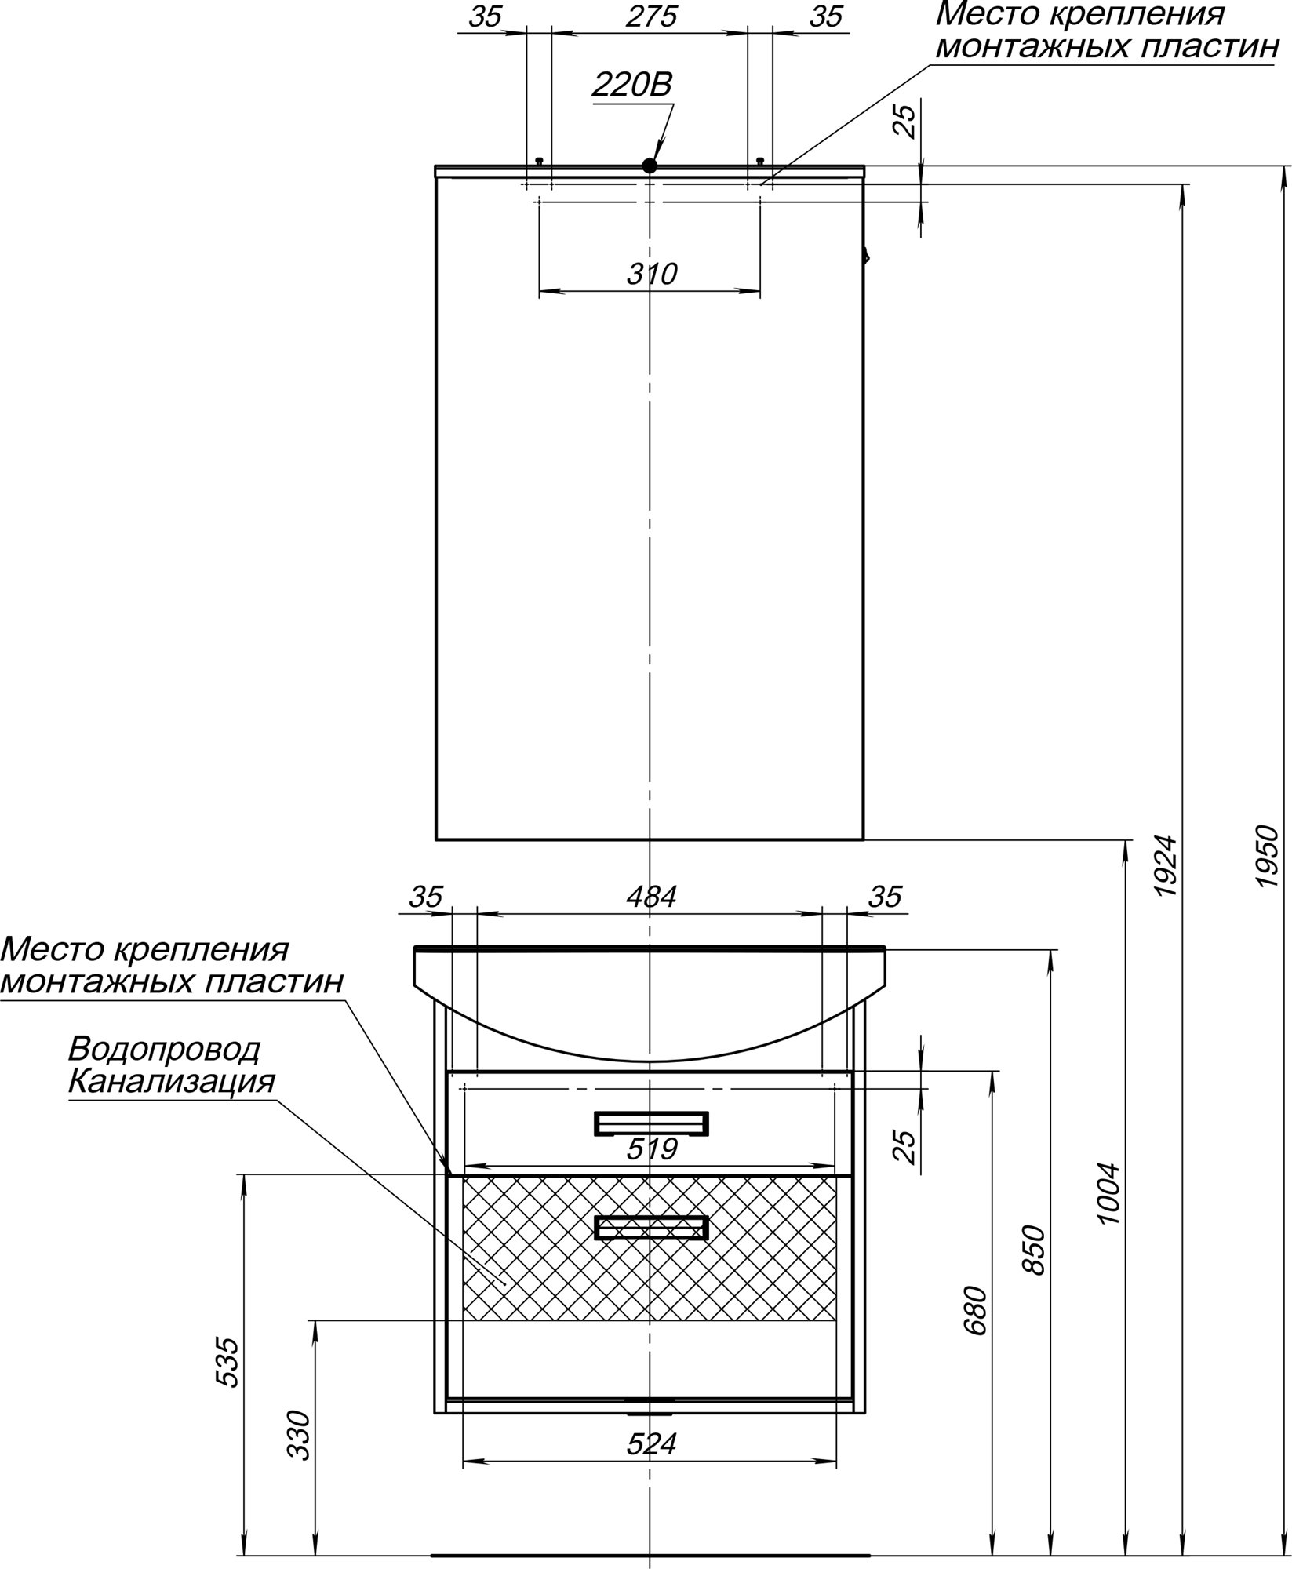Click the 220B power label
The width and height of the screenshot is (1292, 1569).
631,85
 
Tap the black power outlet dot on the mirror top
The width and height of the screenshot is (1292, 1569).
649,165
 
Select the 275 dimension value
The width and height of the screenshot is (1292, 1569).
651,17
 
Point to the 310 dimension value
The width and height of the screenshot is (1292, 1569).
651,275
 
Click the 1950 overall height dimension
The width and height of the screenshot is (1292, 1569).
1267,856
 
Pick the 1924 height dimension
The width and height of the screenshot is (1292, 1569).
1166,867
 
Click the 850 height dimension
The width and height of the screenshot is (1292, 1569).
1035,1250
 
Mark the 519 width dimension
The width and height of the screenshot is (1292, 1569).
652,1149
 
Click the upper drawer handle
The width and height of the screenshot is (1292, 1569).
651,1123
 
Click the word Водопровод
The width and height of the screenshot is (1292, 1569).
164,1048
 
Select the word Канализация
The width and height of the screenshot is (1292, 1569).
172,1083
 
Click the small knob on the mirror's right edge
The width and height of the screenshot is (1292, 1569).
866,257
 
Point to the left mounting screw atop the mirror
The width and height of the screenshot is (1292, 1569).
539,161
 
